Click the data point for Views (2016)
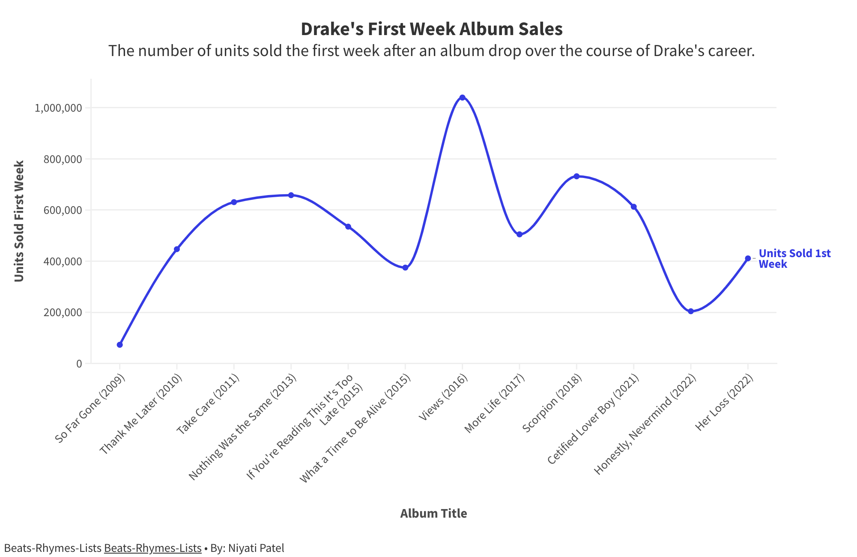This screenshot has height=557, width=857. point(462,98)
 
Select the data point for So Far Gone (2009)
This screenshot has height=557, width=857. point(120,345)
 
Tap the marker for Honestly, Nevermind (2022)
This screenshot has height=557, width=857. point(691,311)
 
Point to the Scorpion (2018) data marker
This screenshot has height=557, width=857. point(576,176)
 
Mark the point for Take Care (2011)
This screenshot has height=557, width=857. point(234,202)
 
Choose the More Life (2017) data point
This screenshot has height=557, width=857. point(520,234)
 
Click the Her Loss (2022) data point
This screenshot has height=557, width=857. point(748,258)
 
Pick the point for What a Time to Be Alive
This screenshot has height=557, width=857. point(405,268)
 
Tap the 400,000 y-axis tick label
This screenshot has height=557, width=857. point(63,261)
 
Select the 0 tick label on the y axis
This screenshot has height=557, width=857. point(79,364)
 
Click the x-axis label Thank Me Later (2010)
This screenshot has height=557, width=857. point(141,414)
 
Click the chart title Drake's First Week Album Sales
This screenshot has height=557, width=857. point(431,29)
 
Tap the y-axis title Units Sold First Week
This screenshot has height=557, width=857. point(19,221)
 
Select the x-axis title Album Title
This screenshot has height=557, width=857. point(433,513)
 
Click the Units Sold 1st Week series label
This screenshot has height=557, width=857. point(794,259)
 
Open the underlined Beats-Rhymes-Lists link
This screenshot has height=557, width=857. point(152,548)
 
